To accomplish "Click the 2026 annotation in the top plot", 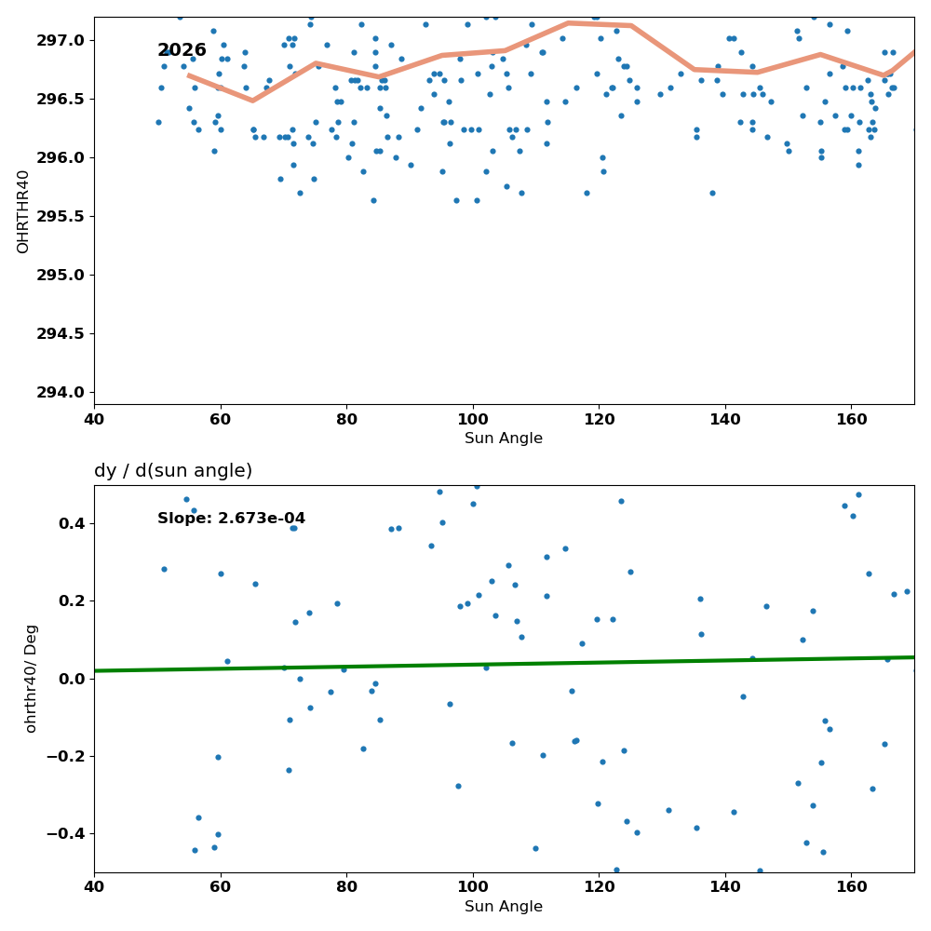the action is point(182,50).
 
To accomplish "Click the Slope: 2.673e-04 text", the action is point(231,519).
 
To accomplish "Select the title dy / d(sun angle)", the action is point(173,470).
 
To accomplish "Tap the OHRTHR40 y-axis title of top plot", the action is point(22,211).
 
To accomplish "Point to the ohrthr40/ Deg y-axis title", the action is point(31,679).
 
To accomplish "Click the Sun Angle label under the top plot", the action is point(504,439).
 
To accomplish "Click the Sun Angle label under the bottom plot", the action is point(504,907).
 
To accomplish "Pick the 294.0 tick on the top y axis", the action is point(61,393).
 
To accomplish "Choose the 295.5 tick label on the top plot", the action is point(61,217).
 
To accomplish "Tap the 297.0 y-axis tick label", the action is point(61,40).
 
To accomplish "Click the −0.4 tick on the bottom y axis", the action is point(66,834).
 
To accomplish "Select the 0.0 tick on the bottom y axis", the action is point(72,679).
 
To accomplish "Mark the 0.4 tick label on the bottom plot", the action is point(72,523).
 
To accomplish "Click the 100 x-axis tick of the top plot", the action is point(473,420).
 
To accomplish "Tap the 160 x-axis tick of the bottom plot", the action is point(852,887).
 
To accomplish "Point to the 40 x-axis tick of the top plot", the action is point(94,420).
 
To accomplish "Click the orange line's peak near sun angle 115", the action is point(568,23).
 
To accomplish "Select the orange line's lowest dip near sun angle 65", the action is point(252,101).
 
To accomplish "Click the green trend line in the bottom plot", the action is point(504,664).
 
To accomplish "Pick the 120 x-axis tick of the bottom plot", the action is point(599,887).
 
